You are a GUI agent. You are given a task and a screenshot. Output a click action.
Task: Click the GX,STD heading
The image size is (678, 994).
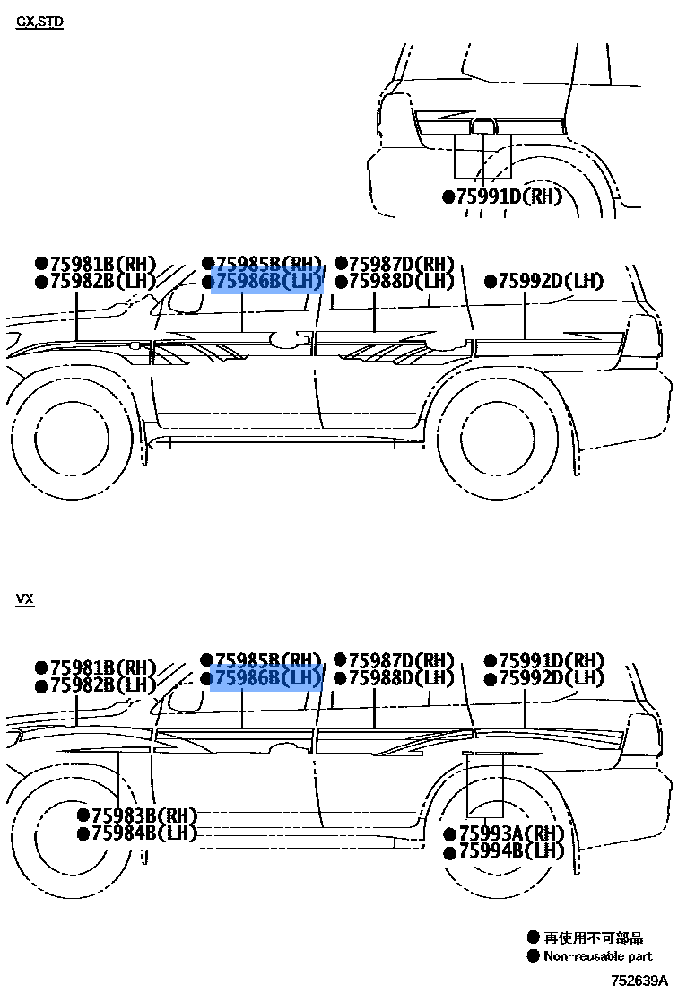(x=39, y=22)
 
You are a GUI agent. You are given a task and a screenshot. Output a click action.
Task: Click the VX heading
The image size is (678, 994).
(x=25, y=598)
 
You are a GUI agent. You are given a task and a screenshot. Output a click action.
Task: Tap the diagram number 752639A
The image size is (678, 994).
(x=640, y=981)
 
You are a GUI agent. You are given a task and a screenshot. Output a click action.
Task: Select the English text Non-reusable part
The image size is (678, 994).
(x=598, y=956)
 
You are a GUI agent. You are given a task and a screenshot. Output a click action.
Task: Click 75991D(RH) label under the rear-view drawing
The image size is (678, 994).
(x=509, y=196)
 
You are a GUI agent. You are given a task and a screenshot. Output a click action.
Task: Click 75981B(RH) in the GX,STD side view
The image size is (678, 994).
(x=102, y=264)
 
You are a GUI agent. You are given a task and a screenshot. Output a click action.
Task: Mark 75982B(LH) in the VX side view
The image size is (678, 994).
(x=102, y=685)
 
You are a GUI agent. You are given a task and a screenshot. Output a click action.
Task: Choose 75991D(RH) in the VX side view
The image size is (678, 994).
(x=551, y=661)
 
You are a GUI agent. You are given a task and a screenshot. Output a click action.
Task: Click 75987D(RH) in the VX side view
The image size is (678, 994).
(x=401, y=661)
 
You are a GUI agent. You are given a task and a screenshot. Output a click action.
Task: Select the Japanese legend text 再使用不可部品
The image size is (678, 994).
(x=593, y=938)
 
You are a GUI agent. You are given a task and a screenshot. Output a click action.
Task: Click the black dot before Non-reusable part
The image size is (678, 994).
(x=534, y=956)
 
